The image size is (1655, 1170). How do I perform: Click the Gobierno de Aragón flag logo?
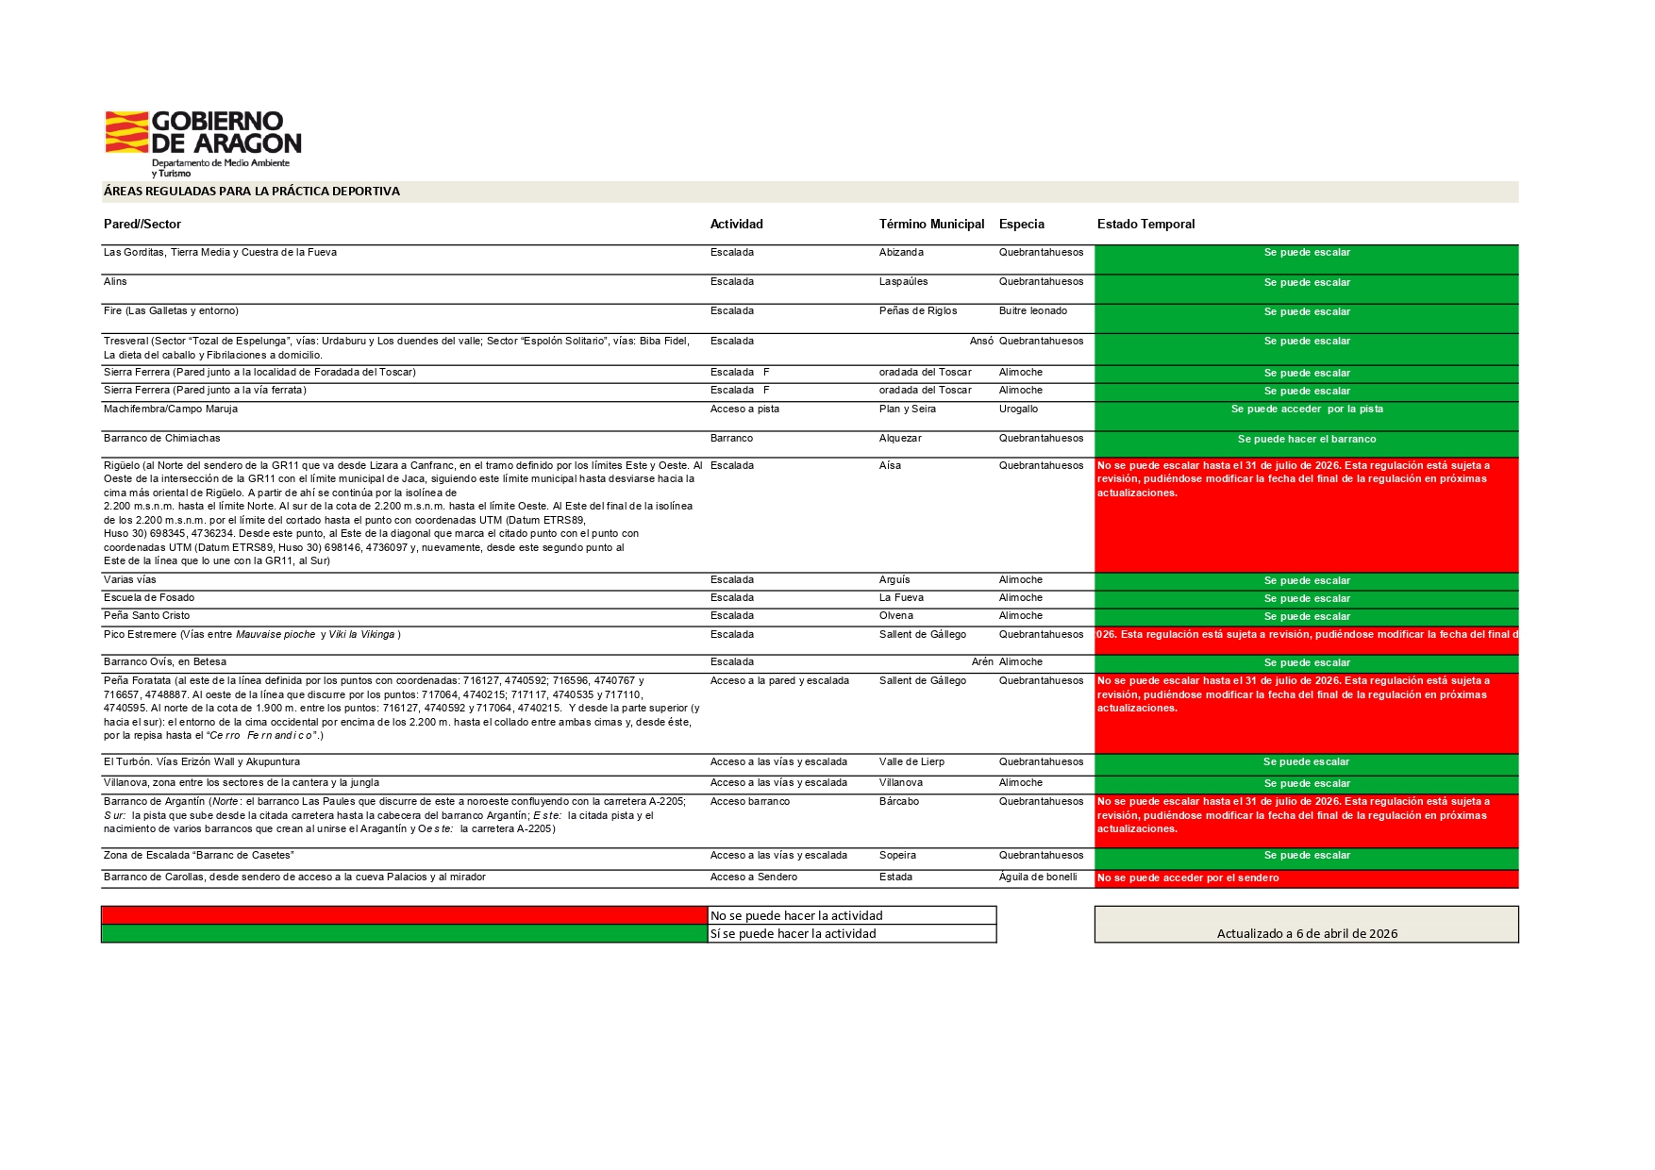tap(126, 132)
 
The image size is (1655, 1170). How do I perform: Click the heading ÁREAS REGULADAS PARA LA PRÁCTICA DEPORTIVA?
tap(251, 192)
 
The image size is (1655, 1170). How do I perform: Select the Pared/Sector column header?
tap(142, 225)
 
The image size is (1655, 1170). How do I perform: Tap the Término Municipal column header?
tap(931, 225)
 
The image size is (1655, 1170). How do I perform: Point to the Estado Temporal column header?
tap(1145, 225)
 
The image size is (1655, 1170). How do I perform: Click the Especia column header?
tap(1021, 225)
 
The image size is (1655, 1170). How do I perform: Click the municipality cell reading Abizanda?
tap(901, 253)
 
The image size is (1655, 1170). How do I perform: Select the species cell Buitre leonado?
tap(1033, 311)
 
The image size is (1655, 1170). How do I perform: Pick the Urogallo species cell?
tap(1018, 409)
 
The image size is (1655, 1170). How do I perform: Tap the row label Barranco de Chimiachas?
tap(162, 439)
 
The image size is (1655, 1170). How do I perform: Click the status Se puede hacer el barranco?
tap(1306, 440)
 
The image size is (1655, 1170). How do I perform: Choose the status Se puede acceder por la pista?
tap(1306, 409)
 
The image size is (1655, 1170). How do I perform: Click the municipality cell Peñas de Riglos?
tap(917, 311)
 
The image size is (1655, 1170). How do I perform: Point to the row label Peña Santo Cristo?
tap(146, 616)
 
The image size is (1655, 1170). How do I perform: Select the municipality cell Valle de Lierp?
tap(911, 762)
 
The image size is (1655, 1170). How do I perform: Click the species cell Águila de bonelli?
tap(1038, 877)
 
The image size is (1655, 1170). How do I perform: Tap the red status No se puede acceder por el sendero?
tap(1188, 878)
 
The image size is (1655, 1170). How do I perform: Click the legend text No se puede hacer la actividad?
tap(796, 916)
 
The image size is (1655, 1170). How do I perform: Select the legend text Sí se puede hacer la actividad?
tap(794, 934)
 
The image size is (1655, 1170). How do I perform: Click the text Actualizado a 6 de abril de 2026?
tap(1307, 934)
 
